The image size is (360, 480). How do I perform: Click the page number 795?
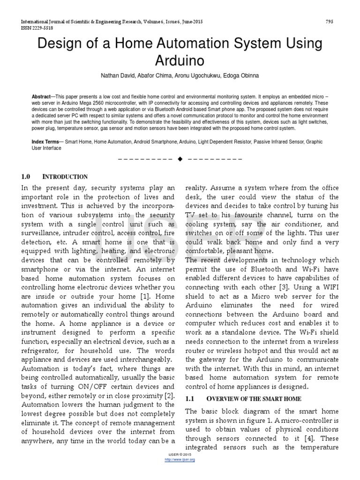[x=330, y=22]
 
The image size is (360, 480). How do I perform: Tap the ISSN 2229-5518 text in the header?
[x=35, y=28]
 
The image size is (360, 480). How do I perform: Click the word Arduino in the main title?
[x=180, y=61]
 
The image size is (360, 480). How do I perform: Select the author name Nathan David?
[x=117, y=75]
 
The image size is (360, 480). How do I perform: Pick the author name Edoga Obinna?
[x=241, y=75]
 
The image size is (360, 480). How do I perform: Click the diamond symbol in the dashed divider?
[x=180, y=159]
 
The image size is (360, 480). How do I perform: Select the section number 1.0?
[x=26, y=177]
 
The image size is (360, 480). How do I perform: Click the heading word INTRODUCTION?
[x=65, y=177]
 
